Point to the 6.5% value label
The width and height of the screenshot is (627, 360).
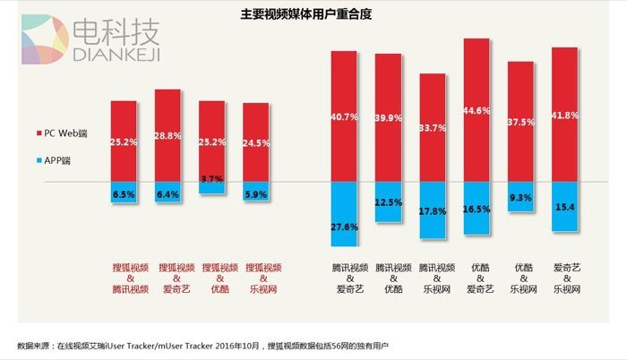coord(124,193)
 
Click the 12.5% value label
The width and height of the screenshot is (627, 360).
coord(388,203)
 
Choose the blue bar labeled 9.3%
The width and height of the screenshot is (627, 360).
coord(520,196)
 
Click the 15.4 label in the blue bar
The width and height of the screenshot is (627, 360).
coord(564,207)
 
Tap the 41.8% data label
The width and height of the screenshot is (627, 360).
coord(564,116)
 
